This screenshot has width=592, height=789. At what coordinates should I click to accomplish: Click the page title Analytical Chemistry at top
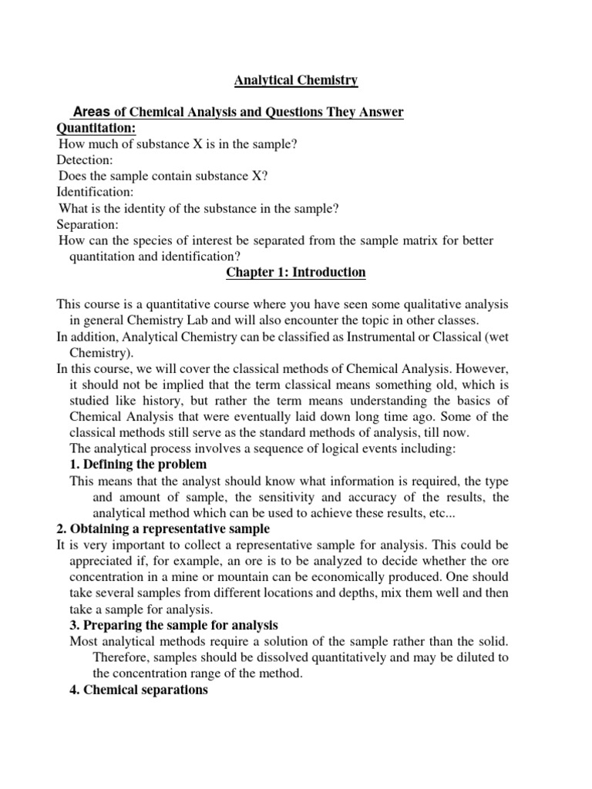tap(296, 79)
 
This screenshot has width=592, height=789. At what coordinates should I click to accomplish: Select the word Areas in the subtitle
tap(91, 112)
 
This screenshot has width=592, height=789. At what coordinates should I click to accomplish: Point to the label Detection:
tap(85, 160)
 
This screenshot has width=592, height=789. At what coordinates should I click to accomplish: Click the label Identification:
tap(95, 193)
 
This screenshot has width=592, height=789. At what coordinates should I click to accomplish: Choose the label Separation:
tap(88, 225)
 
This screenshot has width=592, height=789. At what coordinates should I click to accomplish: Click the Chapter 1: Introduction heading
tap(296, 273)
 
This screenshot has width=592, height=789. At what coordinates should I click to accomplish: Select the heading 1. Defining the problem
tap(139, 465)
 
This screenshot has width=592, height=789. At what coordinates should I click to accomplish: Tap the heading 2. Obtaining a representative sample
tap(163, 529)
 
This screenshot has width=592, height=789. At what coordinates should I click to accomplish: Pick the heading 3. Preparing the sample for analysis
tap(174, 625)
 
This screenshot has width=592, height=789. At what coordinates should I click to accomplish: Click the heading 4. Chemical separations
tap(140, 690)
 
